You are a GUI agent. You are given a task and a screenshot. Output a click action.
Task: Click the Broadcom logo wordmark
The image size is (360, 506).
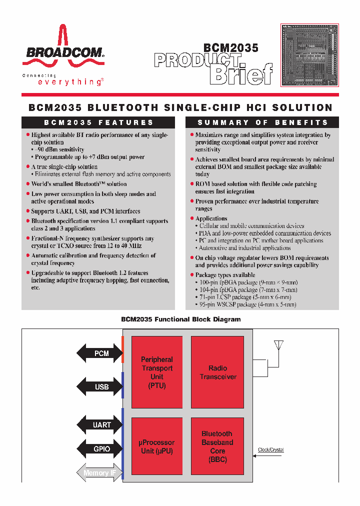pos(62,52)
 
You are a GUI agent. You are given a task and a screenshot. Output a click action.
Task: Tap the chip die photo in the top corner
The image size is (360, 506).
pos(310,54)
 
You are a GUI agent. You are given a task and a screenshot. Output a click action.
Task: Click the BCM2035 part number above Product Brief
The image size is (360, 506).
pos(230,48)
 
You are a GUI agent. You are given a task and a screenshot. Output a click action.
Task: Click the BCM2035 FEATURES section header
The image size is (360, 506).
pos(98,122)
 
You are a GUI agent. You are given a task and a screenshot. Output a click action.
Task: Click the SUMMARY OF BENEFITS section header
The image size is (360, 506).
pos(262,122)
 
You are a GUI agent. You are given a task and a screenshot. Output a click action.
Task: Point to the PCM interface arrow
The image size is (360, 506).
pos(99,353)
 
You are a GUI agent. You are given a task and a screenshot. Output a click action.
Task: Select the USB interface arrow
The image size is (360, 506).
pos(99,387)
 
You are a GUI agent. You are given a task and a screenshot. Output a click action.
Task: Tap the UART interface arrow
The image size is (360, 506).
pos(99,425)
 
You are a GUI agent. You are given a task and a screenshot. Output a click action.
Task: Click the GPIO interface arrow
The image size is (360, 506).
pos(99,449)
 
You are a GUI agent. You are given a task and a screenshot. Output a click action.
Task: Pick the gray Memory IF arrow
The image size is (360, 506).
pos(99,472)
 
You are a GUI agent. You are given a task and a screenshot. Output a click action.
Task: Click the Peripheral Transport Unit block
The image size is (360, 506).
pos(156,372)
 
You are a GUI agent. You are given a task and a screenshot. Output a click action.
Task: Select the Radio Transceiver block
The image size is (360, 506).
pos(217,372)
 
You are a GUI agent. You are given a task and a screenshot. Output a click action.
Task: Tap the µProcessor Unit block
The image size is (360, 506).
pos(156,446)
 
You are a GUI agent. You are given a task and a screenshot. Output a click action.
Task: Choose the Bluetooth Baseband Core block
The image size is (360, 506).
pos(217,446)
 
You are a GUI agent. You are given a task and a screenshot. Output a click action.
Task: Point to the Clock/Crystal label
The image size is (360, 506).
pos(270,449)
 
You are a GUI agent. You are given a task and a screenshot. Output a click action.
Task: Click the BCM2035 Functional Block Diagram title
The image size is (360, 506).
pos(181,319)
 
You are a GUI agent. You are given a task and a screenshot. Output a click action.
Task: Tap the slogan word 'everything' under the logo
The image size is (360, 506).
pos(70,82)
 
